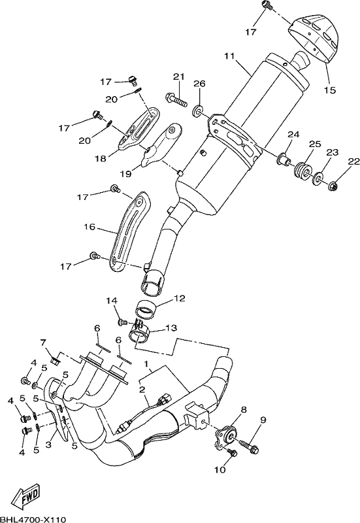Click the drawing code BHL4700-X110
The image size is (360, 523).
coord(33,518)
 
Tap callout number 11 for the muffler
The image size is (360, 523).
coord(229,56)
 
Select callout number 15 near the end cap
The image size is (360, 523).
coord(330,90)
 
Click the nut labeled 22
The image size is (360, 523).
coord(334,184)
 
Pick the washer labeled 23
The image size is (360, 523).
coord(317,178)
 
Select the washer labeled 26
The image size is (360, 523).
coord(198,110)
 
